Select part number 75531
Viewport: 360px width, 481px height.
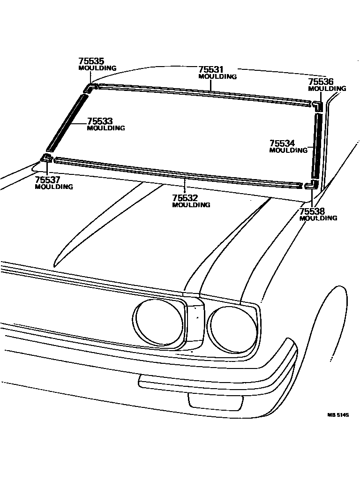(x=211, y=69)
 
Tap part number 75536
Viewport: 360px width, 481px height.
(x=321, y=82)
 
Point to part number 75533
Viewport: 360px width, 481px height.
(x=100, y=121)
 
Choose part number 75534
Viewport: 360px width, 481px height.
(x=282, y=143)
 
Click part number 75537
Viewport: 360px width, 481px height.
(x=48, y=180)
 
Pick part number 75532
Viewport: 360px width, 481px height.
(x=185, y=198)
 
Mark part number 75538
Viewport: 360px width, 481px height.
(x=312, y=211)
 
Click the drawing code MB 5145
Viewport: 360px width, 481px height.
(x=338, y=415)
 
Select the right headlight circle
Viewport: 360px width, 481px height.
(x=232, y=330)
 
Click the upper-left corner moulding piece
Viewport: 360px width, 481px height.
(x=90, y=88)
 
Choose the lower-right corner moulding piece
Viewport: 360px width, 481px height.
(x=310, y=185)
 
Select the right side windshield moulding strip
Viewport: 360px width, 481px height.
(x=318, y=145)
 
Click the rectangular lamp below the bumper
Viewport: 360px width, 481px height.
(x=215, y=400)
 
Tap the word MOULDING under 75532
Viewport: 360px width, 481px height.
(x=191, y=205)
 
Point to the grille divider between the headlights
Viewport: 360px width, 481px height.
(x=195, y=323)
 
